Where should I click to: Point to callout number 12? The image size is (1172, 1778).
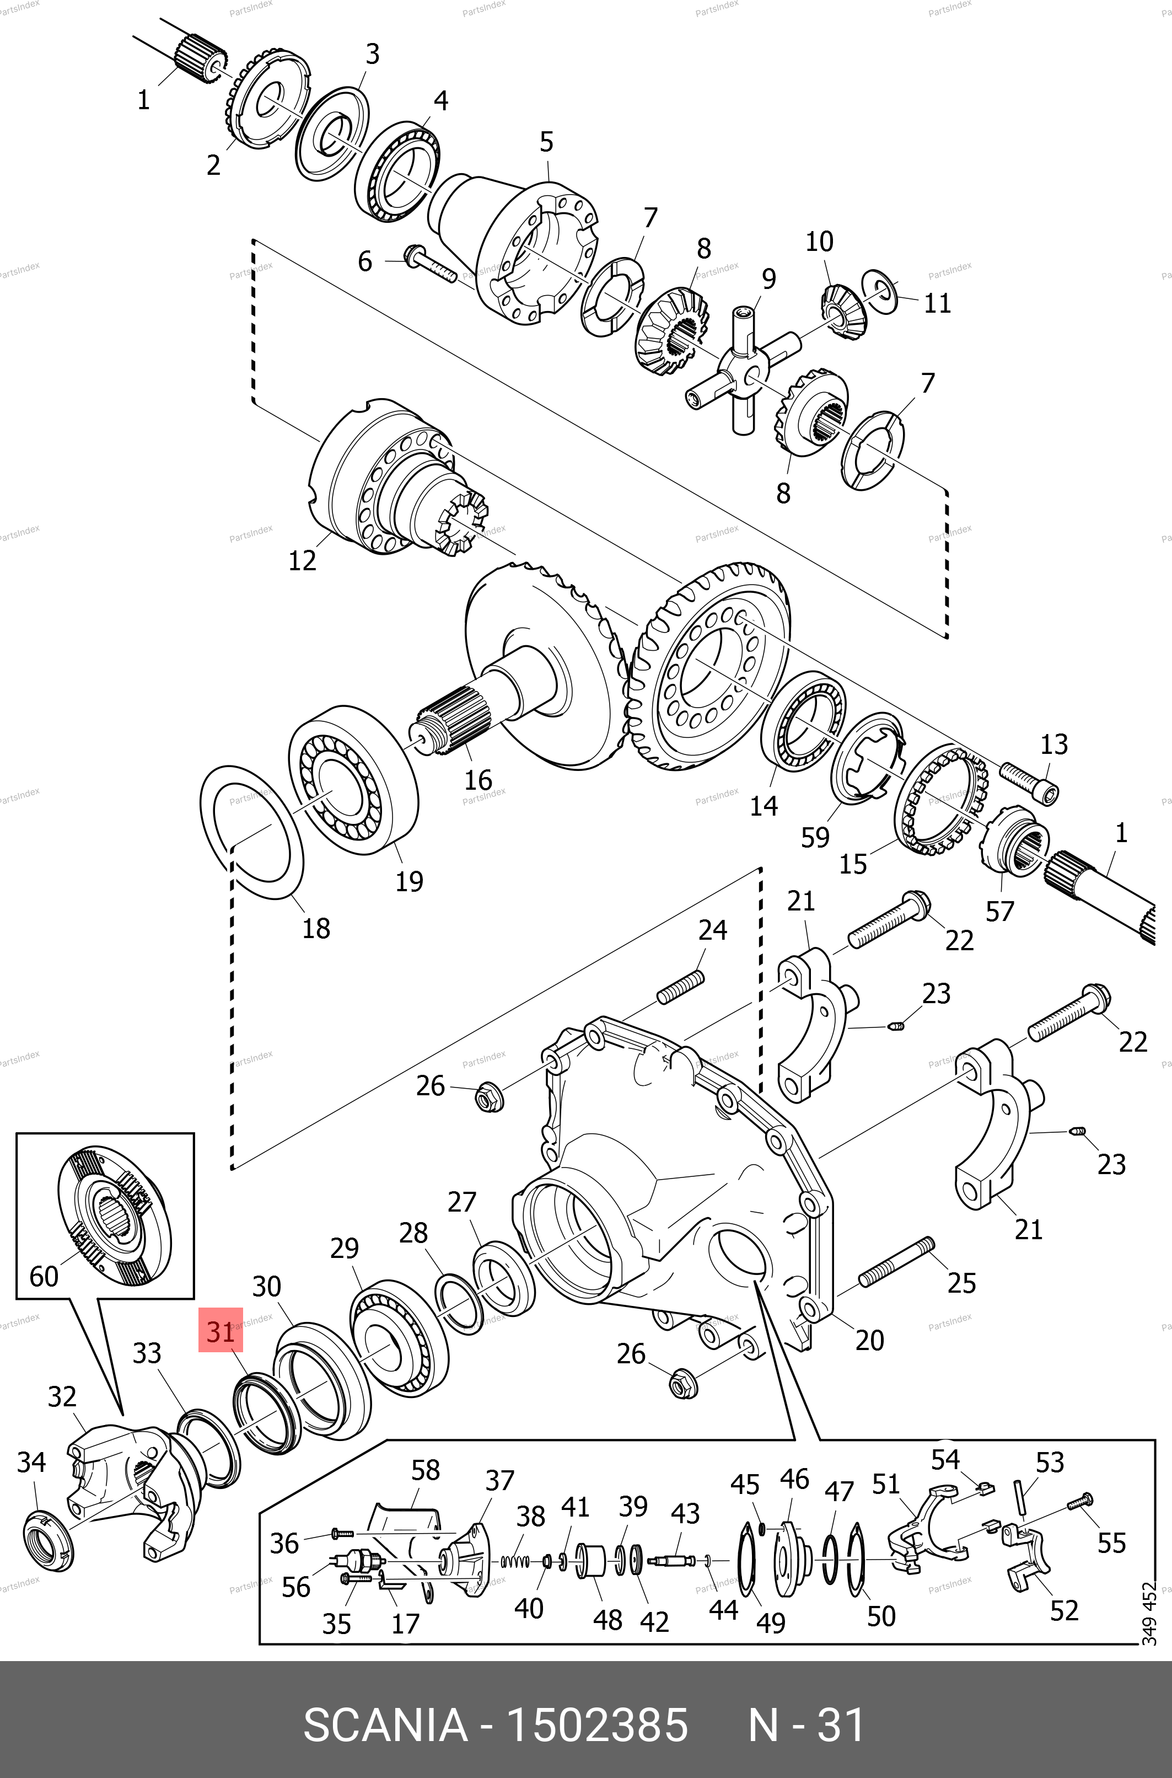pos(303,560)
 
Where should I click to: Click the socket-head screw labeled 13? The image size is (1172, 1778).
pos(1029,784)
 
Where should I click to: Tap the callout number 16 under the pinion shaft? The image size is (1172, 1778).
pos(479,780)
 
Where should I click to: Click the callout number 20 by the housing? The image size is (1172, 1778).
pos(869,1340)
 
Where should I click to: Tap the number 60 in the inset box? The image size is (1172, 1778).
pos(44,1276)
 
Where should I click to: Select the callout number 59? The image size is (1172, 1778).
pos(815,837)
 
